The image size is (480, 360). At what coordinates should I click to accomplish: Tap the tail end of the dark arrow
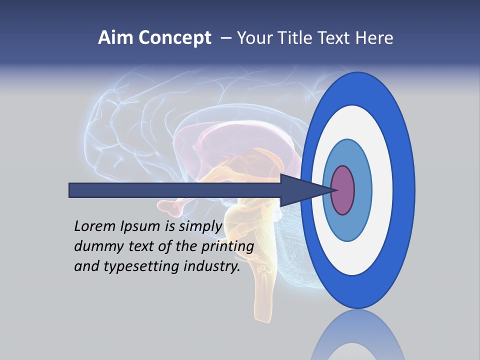[70, 190]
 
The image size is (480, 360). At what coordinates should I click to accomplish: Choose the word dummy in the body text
[95, 247]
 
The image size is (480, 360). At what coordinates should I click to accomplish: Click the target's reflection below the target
[358, 340]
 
